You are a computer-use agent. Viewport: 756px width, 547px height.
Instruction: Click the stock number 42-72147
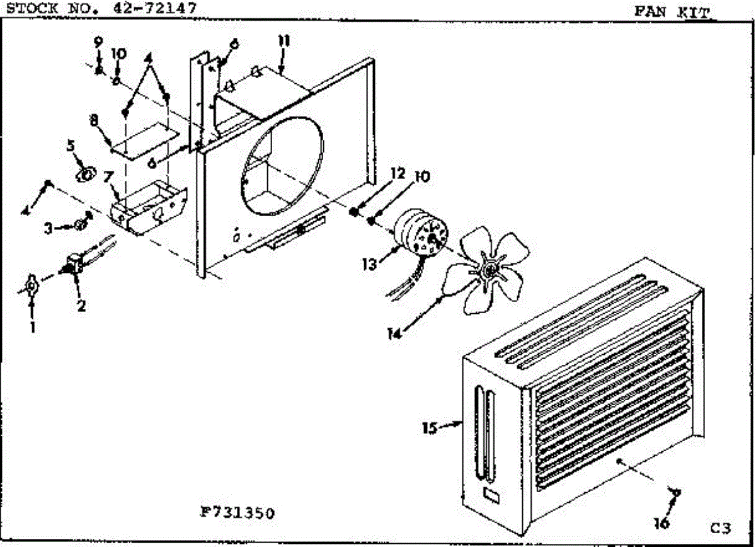[x=155, y=8]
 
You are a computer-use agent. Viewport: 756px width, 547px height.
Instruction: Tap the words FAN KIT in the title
[x=673, y=13]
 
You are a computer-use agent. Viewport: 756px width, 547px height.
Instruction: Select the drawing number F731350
[x=238, y=512]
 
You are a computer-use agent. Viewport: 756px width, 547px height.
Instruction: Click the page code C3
[x=720, y=527]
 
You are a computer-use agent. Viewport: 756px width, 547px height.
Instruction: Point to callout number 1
[x=33, y=327]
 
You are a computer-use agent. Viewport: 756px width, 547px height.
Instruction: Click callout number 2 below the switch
[x=81, y=306]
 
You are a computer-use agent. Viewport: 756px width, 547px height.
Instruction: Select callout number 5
[x=71, y=146]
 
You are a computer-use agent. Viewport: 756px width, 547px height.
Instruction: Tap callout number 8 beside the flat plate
[x=94, y=120]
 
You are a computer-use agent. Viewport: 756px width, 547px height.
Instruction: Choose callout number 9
[x=98, y=42]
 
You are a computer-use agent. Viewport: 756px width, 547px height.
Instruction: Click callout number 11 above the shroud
[x=284, y=41]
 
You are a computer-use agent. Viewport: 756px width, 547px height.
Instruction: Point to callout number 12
[x=398, y=173]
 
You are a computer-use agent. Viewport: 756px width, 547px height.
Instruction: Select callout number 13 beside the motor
[x=370, y=264]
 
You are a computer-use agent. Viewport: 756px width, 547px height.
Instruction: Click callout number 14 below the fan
[x=394, y=334]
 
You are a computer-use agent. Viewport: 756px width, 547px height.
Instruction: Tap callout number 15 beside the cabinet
[x=430, y=428]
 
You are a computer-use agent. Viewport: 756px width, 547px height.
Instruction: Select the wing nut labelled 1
[x=31, y=286]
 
